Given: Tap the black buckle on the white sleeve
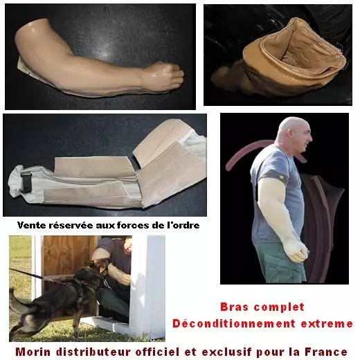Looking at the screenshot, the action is [x=24, y=182].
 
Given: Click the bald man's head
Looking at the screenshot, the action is [x=294, y=135].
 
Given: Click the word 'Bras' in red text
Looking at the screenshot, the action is [x=235, y=307].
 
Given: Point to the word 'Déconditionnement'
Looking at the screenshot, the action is [x=234, y=323].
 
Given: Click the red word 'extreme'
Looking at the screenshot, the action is [x=327, y=324].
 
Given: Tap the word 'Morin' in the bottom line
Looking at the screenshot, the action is [x=33, y=352].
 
